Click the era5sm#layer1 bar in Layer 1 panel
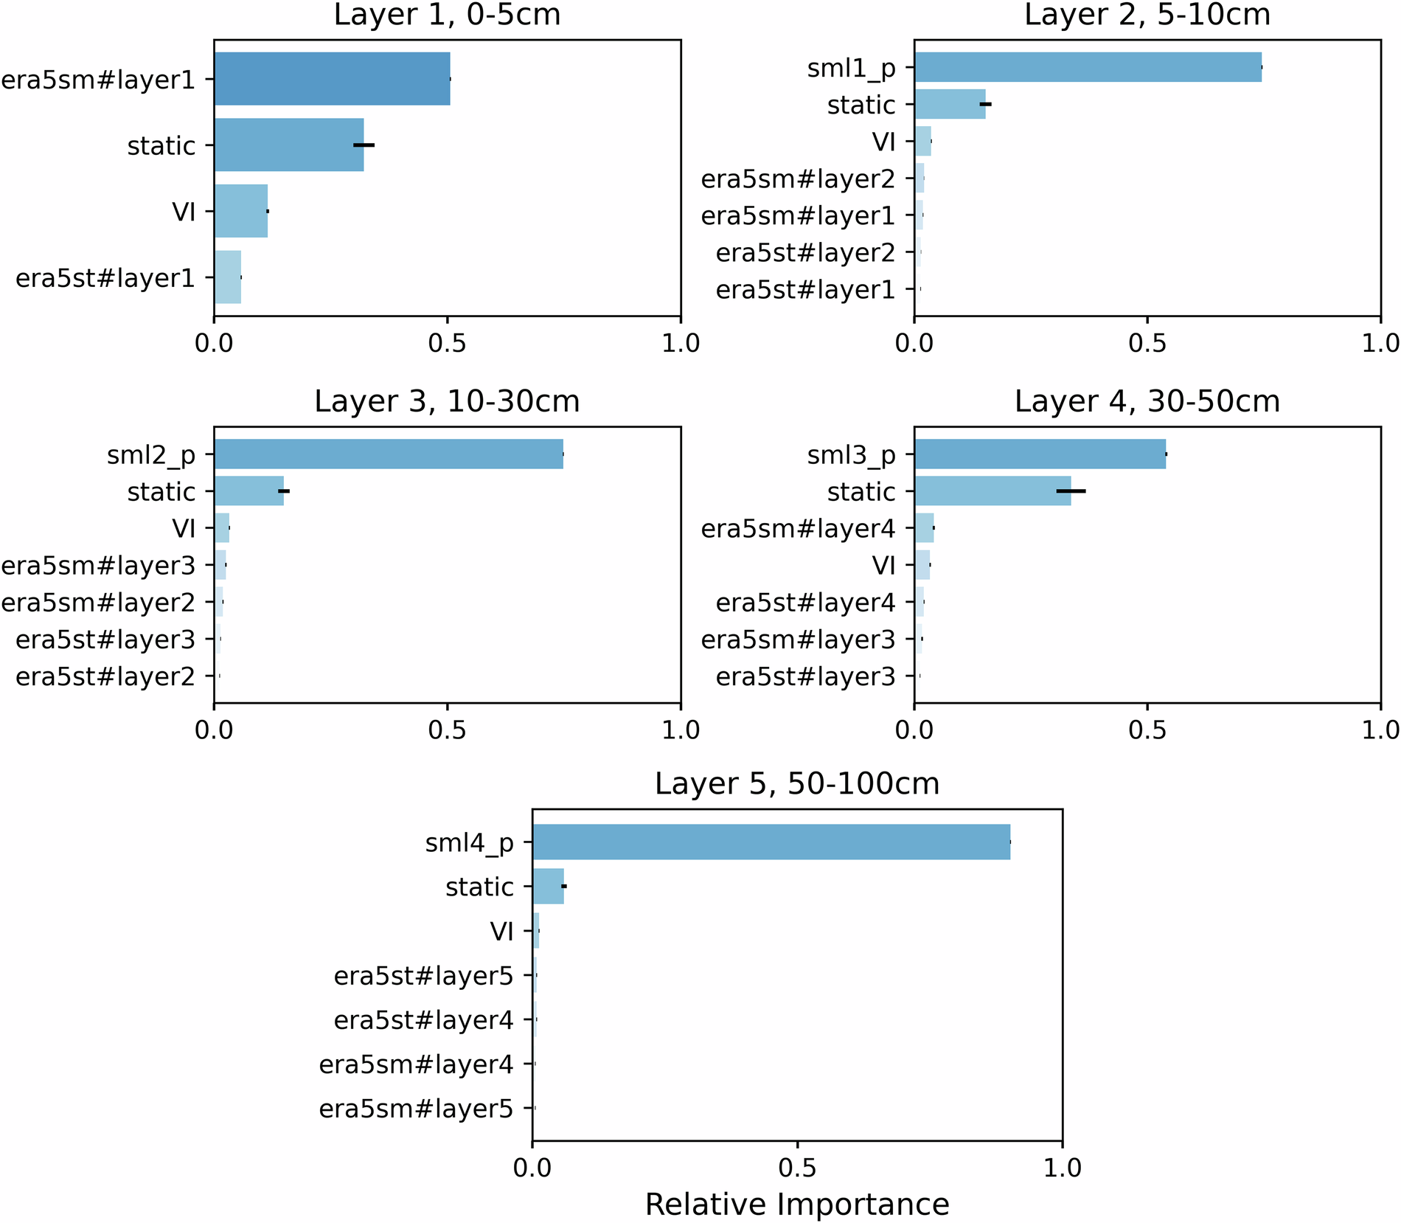332,79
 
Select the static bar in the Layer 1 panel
288,145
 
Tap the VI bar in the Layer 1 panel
240,212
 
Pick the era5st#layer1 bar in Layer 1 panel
227,277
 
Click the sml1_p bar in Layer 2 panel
1088,67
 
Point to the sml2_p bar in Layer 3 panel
389,454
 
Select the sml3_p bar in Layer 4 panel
1040,454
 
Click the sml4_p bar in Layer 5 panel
771,842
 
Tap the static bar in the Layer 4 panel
992,491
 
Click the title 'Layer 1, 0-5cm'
447,15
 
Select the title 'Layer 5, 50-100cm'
797,783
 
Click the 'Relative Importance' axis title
797,1204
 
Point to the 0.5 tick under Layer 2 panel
1147,344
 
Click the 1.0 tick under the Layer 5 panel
1063,1167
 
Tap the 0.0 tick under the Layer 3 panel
214,730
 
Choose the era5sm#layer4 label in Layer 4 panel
798,529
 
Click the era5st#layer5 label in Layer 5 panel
423,976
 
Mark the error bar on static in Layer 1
364,145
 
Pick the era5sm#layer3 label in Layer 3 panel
98,566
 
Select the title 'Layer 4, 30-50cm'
1147,401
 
